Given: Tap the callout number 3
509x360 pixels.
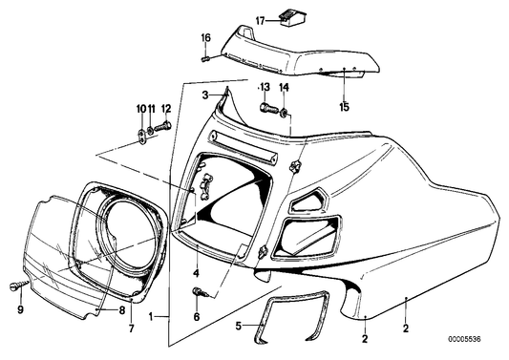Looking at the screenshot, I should click(203, 95).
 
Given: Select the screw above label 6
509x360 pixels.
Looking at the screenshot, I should click(199, 291).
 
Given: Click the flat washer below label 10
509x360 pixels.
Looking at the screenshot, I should click(141, 131).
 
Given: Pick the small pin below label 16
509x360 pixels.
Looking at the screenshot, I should click(204, 58).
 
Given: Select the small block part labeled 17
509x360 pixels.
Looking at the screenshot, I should click(285, 17).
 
